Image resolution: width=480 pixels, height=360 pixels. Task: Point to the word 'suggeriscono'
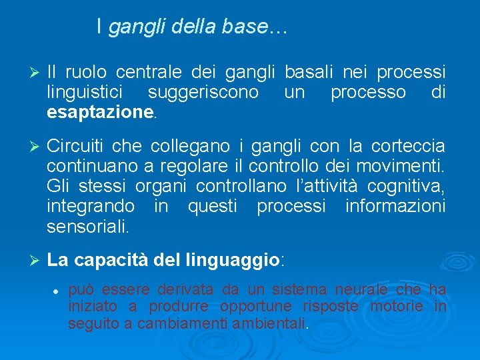click(203, 92)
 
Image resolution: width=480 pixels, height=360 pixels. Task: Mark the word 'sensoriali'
click(89, 227)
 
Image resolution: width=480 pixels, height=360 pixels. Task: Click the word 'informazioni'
click(395, 207)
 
